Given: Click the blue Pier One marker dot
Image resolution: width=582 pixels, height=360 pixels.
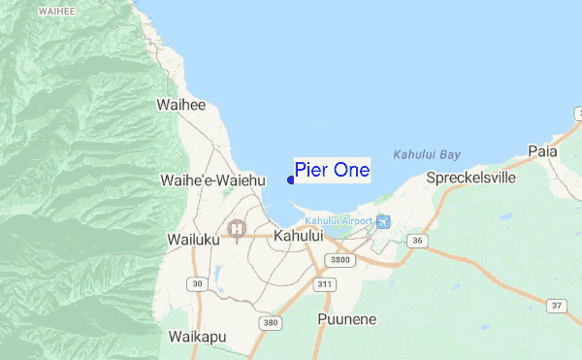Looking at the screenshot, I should (x=291, y=179).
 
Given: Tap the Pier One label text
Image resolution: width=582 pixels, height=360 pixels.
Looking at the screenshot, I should (x=332, y=170).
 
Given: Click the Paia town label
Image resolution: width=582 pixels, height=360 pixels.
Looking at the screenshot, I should (x=542, y=150).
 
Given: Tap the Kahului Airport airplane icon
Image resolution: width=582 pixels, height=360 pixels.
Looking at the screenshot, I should (x=382, y=222).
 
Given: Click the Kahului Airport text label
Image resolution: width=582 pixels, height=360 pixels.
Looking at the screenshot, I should (x=339, y=222).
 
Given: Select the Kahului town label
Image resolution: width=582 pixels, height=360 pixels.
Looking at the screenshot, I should (x=298, y=236).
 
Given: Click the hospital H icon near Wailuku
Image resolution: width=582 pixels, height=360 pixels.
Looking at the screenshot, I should (x=236, y=229).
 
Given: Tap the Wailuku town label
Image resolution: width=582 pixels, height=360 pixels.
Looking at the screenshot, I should (x=194, y=239).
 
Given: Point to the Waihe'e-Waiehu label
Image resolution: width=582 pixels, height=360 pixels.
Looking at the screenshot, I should (x=212, y=180).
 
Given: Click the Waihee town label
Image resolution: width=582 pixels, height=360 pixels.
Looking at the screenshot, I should (x=181, y=105).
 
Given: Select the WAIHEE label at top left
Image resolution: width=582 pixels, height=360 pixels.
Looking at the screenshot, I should (x=56, y=12).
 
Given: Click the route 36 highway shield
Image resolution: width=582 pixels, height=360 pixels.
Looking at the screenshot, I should (x=417, y=240).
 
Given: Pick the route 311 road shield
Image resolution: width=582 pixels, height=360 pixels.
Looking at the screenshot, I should (x=324, y=284).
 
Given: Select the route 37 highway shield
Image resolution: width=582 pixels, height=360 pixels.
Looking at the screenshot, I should (x=556, y=307).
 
